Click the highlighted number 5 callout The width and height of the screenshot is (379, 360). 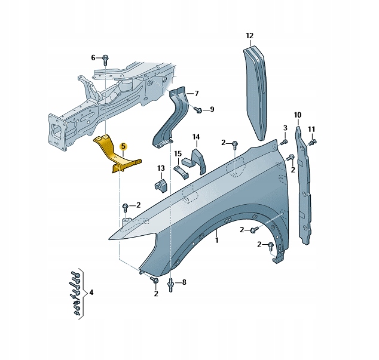click(x=123, y=146)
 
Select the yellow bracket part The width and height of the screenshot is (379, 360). click(x=114, y=155)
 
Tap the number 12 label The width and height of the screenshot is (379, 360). click(x=250, y=36)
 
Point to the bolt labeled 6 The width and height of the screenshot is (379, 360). click(x=105, y=60)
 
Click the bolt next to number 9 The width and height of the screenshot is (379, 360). click(x=198, y=110)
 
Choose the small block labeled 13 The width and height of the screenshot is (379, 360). click(x=161, y=185)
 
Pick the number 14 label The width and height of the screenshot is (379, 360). click(x=196, y=137)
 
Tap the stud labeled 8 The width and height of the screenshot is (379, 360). click(x=171, y=285)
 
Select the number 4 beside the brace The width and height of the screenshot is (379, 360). click(x=91, y=293)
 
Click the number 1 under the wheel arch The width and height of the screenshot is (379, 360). click(x=217, y=240)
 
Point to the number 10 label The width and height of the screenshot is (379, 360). click(x=298, y=115)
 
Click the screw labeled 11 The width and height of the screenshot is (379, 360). click(x=312, y=143)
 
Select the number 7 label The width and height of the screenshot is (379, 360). click(x=196, y=93)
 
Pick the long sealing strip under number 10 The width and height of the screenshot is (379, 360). click(x=303, y=186)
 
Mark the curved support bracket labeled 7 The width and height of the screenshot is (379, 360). click(x=172, y=118)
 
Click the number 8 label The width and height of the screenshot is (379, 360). click(x=184, y=282)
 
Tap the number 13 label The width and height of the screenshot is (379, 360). click(x=161, y=168)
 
